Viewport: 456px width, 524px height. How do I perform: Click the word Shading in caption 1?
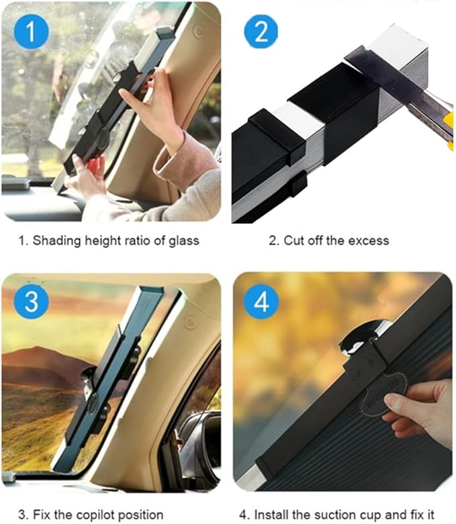[56, 240]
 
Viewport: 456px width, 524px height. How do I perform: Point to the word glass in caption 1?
[183, 240]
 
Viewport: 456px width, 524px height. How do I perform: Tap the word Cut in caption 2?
[291, 240]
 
